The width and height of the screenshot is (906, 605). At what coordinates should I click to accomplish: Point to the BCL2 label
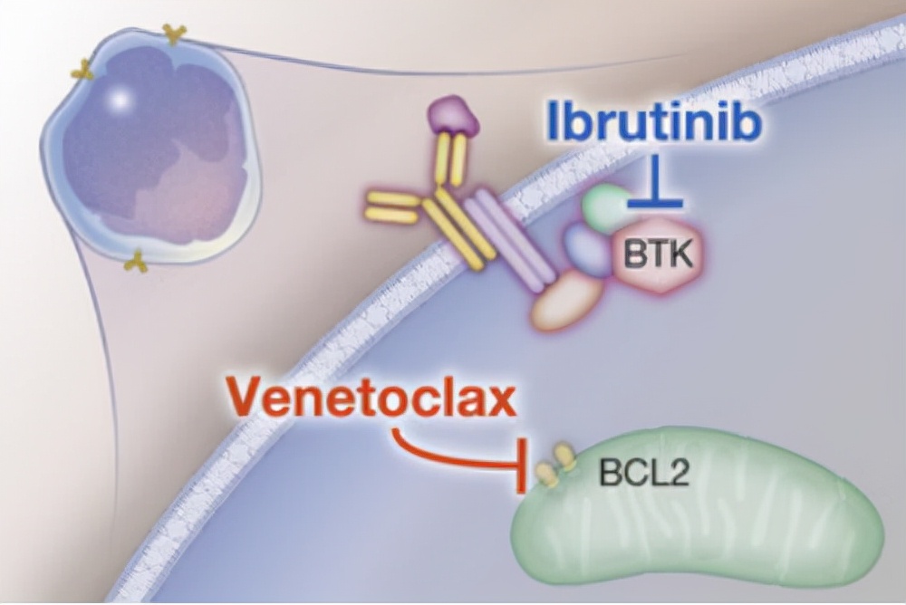pos(642,473)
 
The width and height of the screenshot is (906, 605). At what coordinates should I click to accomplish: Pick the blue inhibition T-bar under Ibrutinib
pos(654,195)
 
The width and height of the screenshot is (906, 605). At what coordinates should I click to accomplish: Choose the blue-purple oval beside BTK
pos(589,249)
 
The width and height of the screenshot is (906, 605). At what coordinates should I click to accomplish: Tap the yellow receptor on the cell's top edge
pos(173,34)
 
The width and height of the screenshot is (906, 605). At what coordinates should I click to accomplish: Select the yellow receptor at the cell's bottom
pos(136,263)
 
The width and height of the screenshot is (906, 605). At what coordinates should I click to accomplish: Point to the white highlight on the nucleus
pos(116,101)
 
